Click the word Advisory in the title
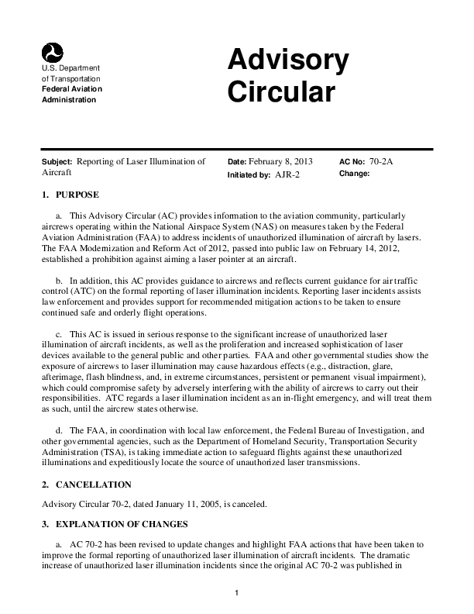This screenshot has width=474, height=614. (x=287, y=60)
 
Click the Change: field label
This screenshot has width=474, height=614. (x=354, y=174)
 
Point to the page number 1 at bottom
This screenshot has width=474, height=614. (x=237, y=593)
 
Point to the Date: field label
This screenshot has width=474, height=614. (x=237, y=162)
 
